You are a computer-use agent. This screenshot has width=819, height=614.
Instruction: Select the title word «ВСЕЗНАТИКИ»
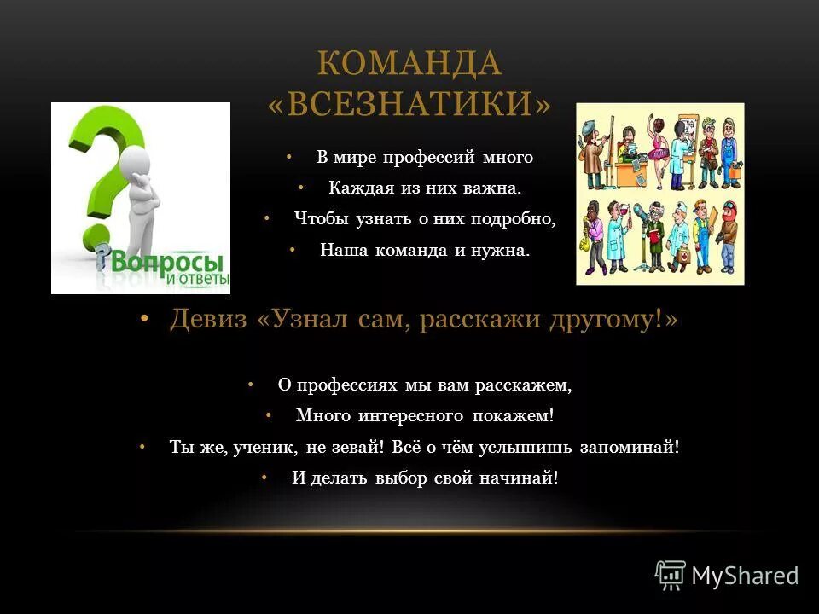point(409,102)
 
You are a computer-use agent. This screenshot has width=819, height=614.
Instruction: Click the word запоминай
point(630,447)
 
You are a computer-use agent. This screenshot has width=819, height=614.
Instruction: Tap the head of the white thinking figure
point(134,161)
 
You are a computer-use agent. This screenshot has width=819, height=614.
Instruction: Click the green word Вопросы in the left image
point(166,260)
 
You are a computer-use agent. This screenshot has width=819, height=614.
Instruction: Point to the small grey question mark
point(103,253)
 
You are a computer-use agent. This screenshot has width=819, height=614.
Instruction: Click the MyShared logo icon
point(671,576)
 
